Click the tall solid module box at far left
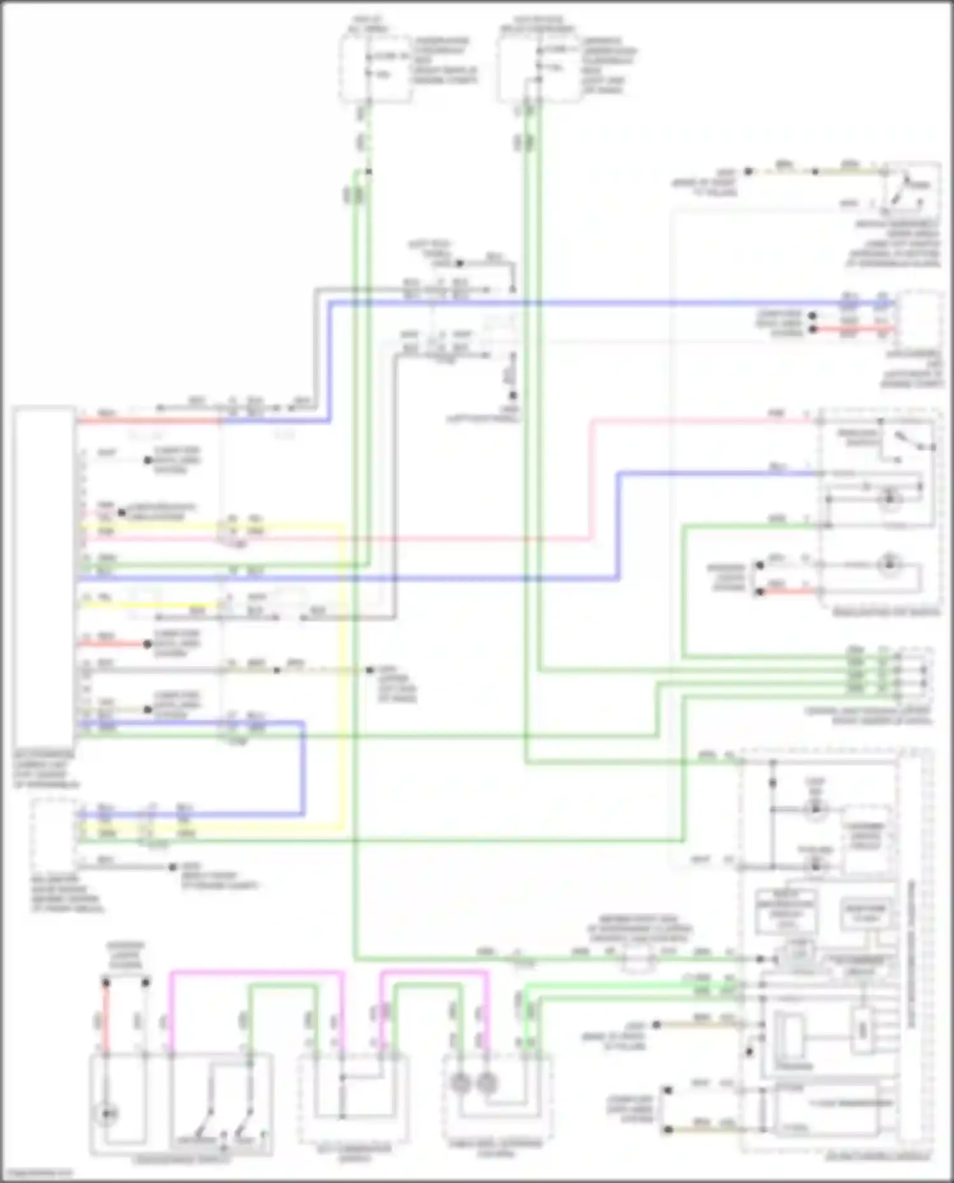pos(43,578)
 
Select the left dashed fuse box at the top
pos(375,68)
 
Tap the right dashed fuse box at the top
pos(538,68)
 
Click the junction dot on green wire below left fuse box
pos(368,172)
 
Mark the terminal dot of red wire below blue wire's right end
pos(812,329)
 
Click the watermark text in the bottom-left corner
pos(37,1172)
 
